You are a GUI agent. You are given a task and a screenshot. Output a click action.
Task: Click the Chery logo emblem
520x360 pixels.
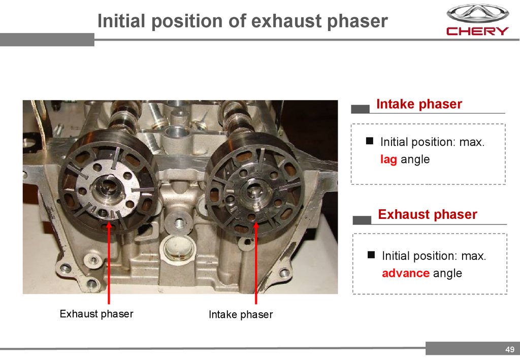477,13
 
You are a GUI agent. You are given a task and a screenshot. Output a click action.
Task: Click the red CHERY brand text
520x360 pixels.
477,31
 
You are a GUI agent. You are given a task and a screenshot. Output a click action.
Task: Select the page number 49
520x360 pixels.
510,349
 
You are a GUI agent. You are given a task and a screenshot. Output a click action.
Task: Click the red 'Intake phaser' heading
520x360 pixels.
419,104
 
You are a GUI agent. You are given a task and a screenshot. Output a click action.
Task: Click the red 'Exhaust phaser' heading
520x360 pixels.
428,214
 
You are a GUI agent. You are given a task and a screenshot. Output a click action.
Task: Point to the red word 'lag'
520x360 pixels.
388,159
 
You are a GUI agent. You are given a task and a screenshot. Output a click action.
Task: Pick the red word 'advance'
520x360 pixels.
406,273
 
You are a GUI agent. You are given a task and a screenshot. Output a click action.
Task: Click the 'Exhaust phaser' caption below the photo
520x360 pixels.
96,314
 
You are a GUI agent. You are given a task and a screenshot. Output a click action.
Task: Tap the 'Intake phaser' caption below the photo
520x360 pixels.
241,314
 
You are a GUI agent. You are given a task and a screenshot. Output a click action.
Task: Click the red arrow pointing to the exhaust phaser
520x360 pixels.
109,264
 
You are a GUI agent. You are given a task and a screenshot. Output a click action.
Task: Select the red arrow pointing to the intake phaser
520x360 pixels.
256,263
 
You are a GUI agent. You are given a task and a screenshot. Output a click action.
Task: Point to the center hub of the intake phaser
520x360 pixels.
254,193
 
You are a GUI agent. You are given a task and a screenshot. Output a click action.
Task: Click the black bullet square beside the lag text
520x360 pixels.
370,141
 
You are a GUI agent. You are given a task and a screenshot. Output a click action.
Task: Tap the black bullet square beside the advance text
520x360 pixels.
371,255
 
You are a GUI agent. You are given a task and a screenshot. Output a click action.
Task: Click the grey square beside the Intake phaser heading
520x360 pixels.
360,109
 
